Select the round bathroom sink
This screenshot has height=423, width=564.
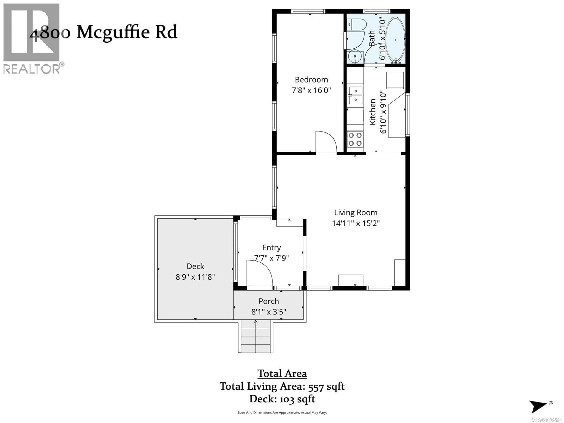click(355, 57)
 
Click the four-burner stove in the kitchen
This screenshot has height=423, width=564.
click(355, 139)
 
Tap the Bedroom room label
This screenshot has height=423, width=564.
click(311, 80)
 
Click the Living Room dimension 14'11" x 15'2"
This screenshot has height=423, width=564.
click(356, 223)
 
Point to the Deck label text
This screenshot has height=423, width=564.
click(195, 266)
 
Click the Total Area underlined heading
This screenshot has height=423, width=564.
click(282, 374)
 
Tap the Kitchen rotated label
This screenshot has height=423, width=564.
click(372, 112)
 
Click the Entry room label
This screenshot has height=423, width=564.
click(272, 248)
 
